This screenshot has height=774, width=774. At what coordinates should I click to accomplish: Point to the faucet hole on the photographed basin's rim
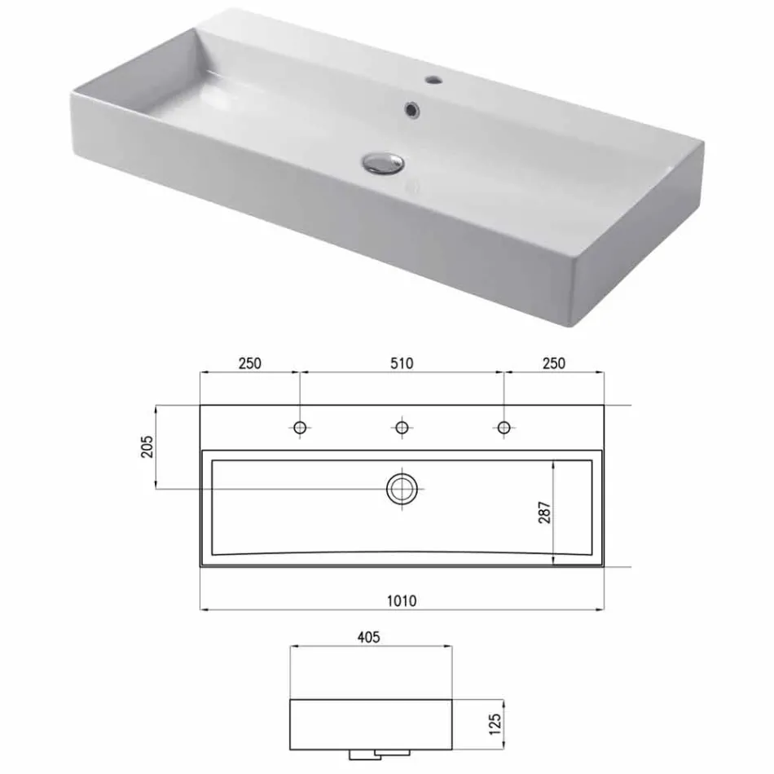click(x=432, y=81)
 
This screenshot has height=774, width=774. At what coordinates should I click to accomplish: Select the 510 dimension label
click(x=401, y=363)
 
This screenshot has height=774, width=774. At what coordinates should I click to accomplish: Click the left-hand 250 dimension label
click(x=249, y=363)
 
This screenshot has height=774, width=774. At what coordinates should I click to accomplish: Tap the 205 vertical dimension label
click(x=147, y=448)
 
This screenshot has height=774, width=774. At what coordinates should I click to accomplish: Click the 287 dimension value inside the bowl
click(x=544, y=511)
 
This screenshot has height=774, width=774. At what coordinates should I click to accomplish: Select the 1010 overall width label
click(x=401, y=600)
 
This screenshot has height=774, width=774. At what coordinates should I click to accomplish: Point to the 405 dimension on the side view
click(x=369, y=638)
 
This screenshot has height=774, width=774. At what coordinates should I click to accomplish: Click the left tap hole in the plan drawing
click(x=300, y=427)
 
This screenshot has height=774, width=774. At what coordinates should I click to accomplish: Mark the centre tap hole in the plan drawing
click(x=401, y=427)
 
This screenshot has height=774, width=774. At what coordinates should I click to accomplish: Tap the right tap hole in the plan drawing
click(x=504, y=427)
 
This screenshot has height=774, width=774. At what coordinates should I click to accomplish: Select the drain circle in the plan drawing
click(x=401, y=489)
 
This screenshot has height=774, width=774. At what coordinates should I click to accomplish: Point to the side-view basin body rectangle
click(x=371, y=723)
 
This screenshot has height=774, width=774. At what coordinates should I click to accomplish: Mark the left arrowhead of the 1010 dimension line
click(x=203, y=609)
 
